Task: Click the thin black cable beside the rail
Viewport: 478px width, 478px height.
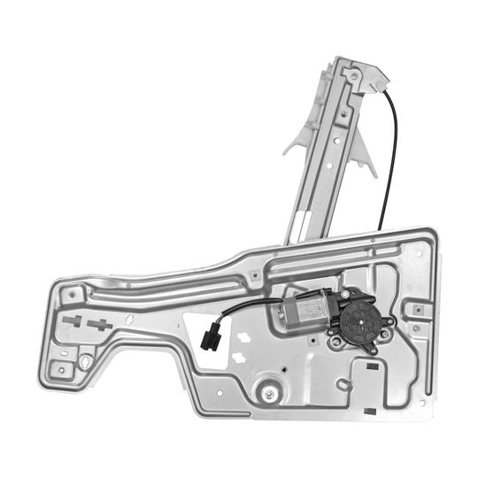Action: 390,150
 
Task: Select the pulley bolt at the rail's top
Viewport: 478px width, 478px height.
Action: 353,77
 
